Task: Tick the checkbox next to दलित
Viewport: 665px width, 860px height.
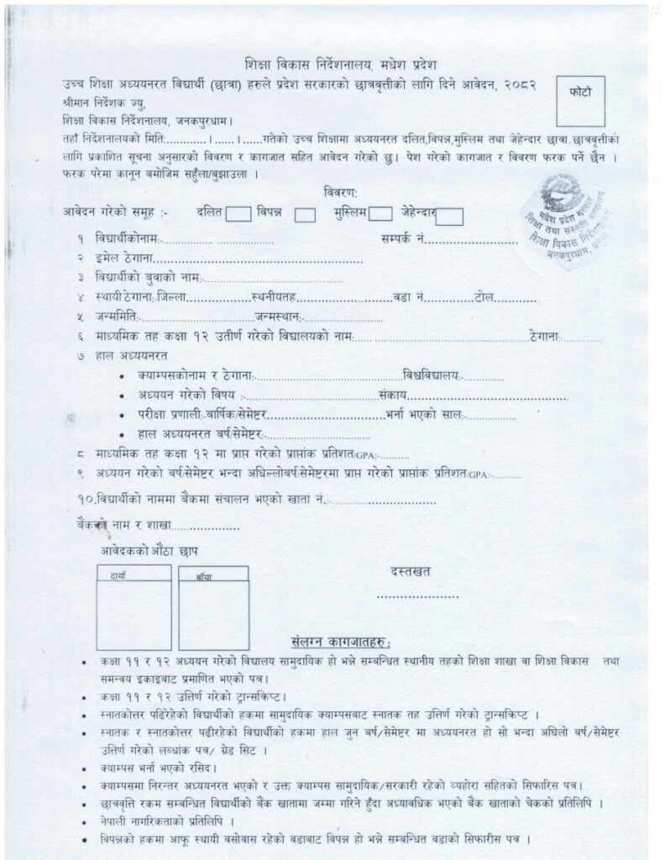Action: click(238, 215)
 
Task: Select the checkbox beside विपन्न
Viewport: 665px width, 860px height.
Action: click(305, 216)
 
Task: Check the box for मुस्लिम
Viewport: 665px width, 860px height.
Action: click(380, 216)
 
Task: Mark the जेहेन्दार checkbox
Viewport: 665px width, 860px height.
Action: click(449, 217)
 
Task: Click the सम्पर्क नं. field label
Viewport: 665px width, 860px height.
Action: click(400, 239)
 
